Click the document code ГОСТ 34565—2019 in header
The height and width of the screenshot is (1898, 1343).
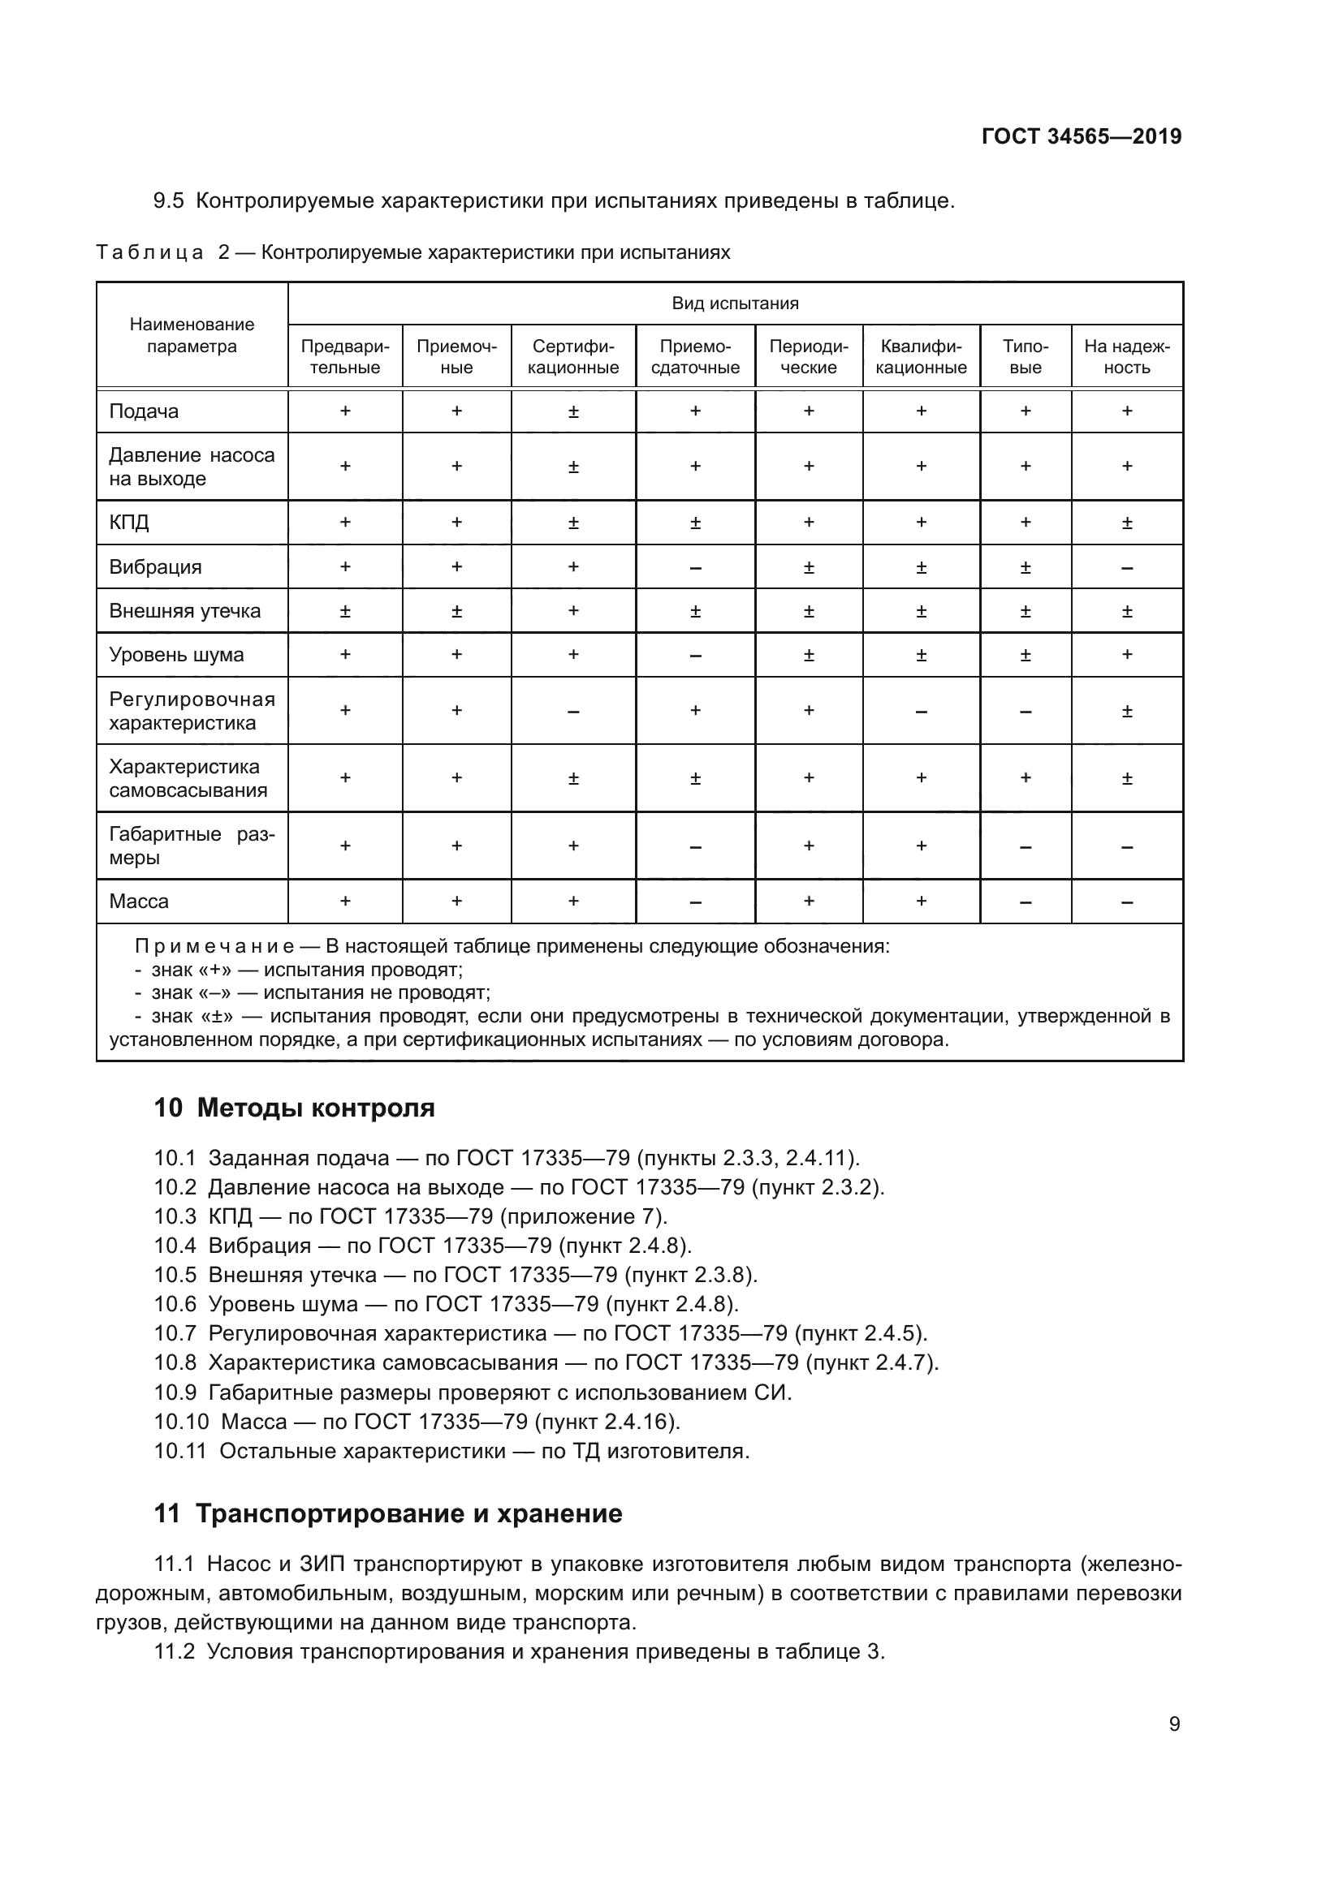pyautogui.click(x=1081, y=136)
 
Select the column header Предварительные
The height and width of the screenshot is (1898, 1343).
pyautogui.click(x=345, y=356)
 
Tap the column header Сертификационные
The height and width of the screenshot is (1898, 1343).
pyautogui.click(x=573, y=356)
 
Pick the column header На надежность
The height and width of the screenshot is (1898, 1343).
pyautogui.click(x=1126, y=356)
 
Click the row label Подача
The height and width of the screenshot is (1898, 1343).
pyautogui.click(x=144, y=411)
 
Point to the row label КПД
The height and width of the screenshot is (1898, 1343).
pyautogui.click(x=129, y=523)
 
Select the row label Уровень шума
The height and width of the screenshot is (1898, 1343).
pyautogui.click(x=176, y=655)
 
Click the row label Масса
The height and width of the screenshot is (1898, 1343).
pyautogui.click(x=139, y=901)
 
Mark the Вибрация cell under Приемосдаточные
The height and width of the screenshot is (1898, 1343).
pyautogui.click(x=695, y=568)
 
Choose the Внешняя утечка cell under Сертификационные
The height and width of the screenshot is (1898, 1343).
pyautogui.click(x=573, y=611)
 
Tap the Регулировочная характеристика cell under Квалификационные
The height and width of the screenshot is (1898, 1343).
pyautogui.click(x=921, y=712)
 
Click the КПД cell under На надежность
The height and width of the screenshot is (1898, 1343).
pyautogui.click(x=1126, y=523)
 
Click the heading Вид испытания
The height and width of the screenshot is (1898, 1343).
pyautogui.click(x=735, y=303)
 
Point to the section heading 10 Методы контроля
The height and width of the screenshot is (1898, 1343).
pyautogui.click(x=295, y=1108)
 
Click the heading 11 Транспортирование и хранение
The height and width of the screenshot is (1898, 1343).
pyautogui.click(x=388, y=1513)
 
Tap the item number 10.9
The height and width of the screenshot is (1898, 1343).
pyautogui.click(x=175, y=1393)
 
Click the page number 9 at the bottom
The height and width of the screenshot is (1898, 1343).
pyautogui.click(x=1174, y=1724)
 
